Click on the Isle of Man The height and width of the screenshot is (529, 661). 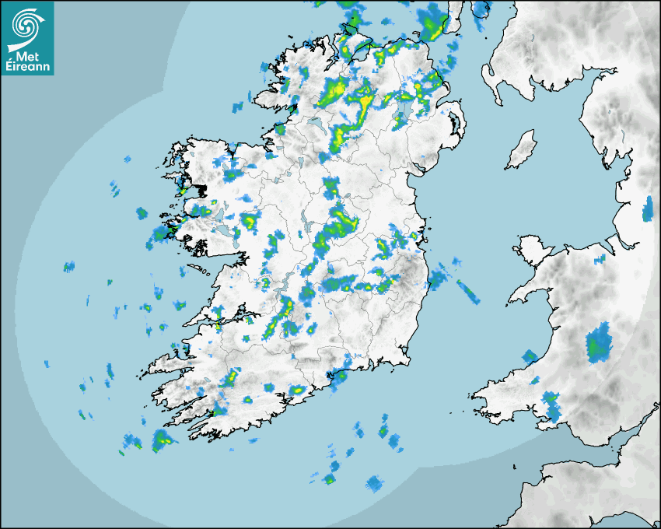pyautogui.click(x=521, y=150)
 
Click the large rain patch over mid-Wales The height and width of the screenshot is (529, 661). pyautogui.click(x=598, y=345)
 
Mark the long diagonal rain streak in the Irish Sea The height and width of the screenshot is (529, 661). pyautogui.click(x=467, y=291)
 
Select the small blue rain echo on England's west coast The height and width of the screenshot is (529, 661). pyautogui.click(x=648, y=208)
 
